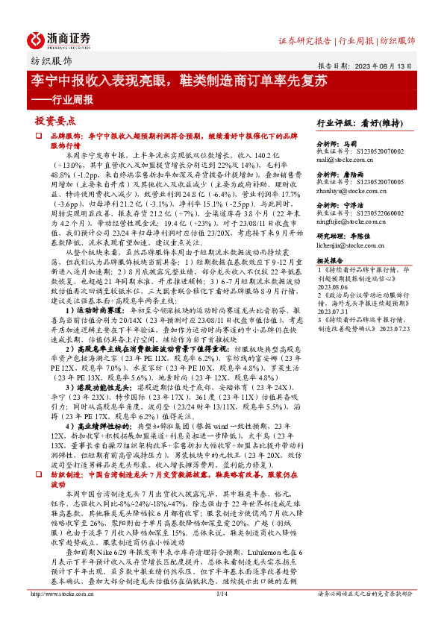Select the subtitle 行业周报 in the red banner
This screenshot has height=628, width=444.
72,98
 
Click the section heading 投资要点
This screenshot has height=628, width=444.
55,120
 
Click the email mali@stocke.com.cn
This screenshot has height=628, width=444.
346,159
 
